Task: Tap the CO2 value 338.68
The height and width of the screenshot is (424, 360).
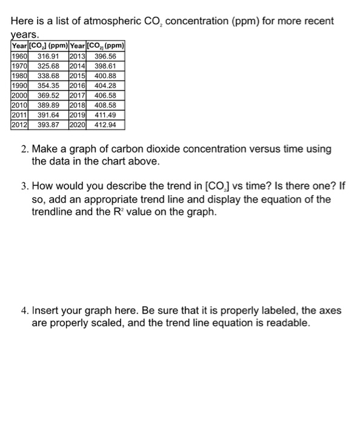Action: click(x=48, y=76)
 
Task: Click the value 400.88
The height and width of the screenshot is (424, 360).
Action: click(x=107, y=76)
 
